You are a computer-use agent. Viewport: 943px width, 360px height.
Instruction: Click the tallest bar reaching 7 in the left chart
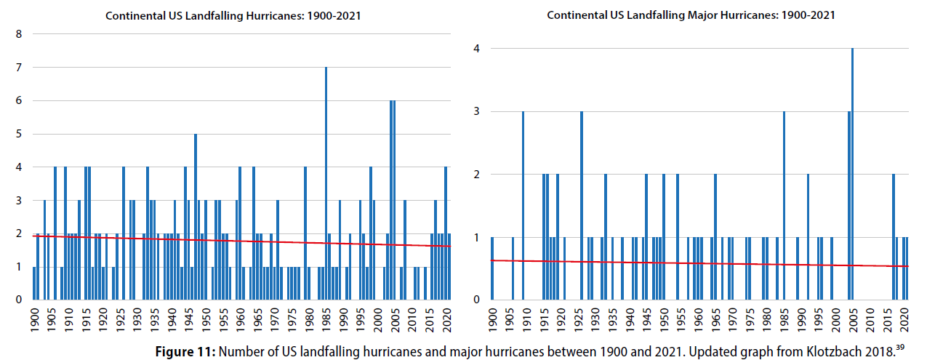pos(326,182)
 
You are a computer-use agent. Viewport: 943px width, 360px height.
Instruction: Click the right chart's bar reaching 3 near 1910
pos(523,205)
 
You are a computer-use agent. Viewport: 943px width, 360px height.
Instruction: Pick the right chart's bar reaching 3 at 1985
pos(784,205)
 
